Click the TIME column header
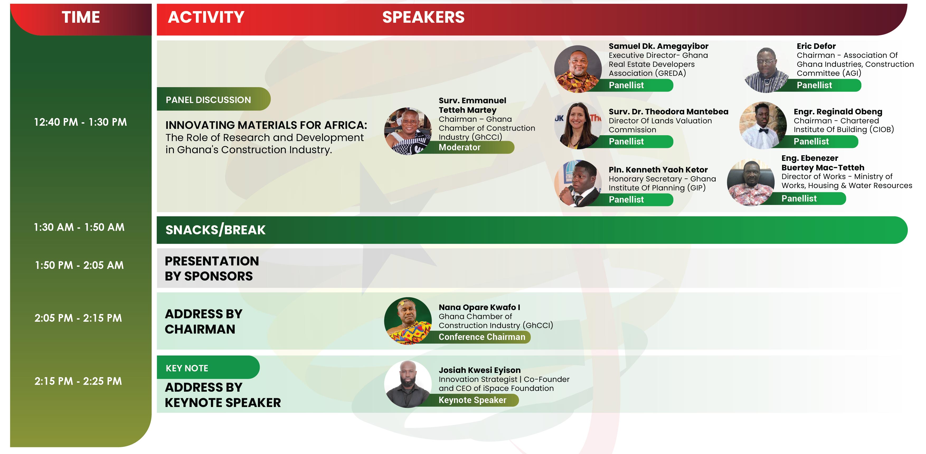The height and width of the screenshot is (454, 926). [81, 17]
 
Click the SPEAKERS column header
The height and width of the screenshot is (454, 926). [423, 17]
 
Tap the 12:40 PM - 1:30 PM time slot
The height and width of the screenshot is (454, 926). [81, 122]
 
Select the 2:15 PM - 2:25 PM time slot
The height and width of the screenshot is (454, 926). [78, 381]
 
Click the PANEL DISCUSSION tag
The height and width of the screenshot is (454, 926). [214, 99]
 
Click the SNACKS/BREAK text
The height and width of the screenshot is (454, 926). [215, 230]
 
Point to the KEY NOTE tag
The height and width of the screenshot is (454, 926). [208, 367]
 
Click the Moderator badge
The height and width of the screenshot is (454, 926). [467, 147]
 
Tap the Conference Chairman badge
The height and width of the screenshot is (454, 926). [478, 337]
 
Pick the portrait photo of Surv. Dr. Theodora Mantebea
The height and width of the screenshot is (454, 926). [578, 125]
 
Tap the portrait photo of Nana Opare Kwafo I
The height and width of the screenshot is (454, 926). [408, 321]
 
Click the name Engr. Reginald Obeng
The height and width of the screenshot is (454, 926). [838, 111]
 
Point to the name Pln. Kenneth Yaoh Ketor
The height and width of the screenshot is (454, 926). [658, 170]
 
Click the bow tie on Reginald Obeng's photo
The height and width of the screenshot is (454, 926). [763, 131]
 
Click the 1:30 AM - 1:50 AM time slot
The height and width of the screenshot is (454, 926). [79, 227]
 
